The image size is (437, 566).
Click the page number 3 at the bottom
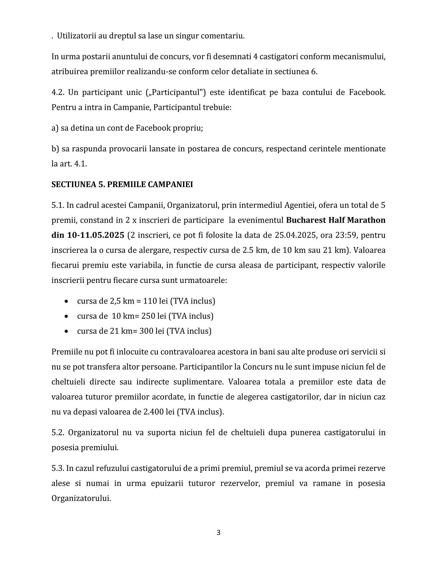click(218, 533)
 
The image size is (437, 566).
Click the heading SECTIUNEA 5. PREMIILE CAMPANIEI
click(122, 185)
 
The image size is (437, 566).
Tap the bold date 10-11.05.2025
click(96, 235)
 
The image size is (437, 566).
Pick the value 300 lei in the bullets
click(152, 331)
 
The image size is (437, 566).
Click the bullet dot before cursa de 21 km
click(66, 331)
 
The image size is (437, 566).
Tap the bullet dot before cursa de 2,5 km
click(66, 301)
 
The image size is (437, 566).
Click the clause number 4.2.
click(58, 93)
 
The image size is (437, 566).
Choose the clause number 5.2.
click(58, 433)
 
